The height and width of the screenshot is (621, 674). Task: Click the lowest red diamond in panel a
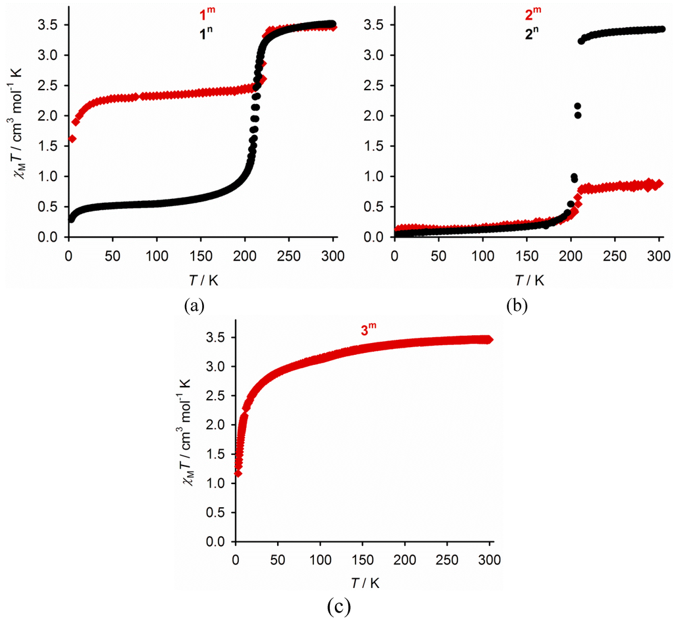[72, 138]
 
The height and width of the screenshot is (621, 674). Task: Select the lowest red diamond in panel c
[238, 473]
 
